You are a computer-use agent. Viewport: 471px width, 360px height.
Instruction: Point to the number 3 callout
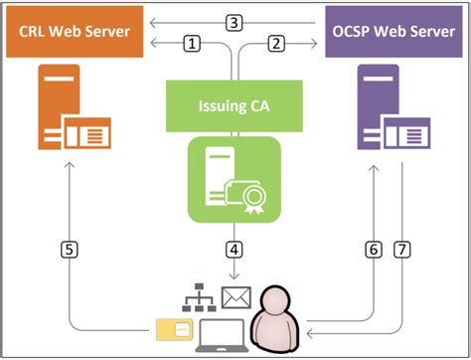[235, 21]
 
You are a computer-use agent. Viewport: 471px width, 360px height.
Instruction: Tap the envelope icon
[235, 295]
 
